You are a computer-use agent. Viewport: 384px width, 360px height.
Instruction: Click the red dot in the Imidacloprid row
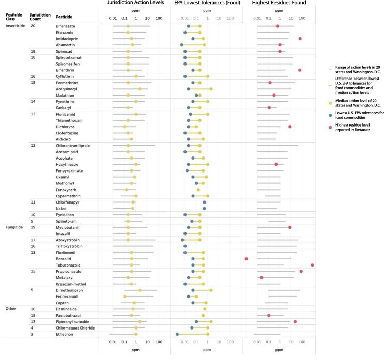click(x=300, y=39)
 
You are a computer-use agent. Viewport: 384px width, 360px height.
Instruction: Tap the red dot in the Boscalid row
click(x=246, y=258)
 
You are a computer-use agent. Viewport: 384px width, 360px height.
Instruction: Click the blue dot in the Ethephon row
click(x=177, y=334)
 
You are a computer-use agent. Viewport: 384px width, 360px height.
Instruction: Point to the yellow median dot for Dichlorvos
click(x=125, y=127)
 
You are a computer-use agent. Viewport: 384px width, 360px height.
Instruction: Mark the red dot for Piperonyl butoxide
click(x=295, y=321)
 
